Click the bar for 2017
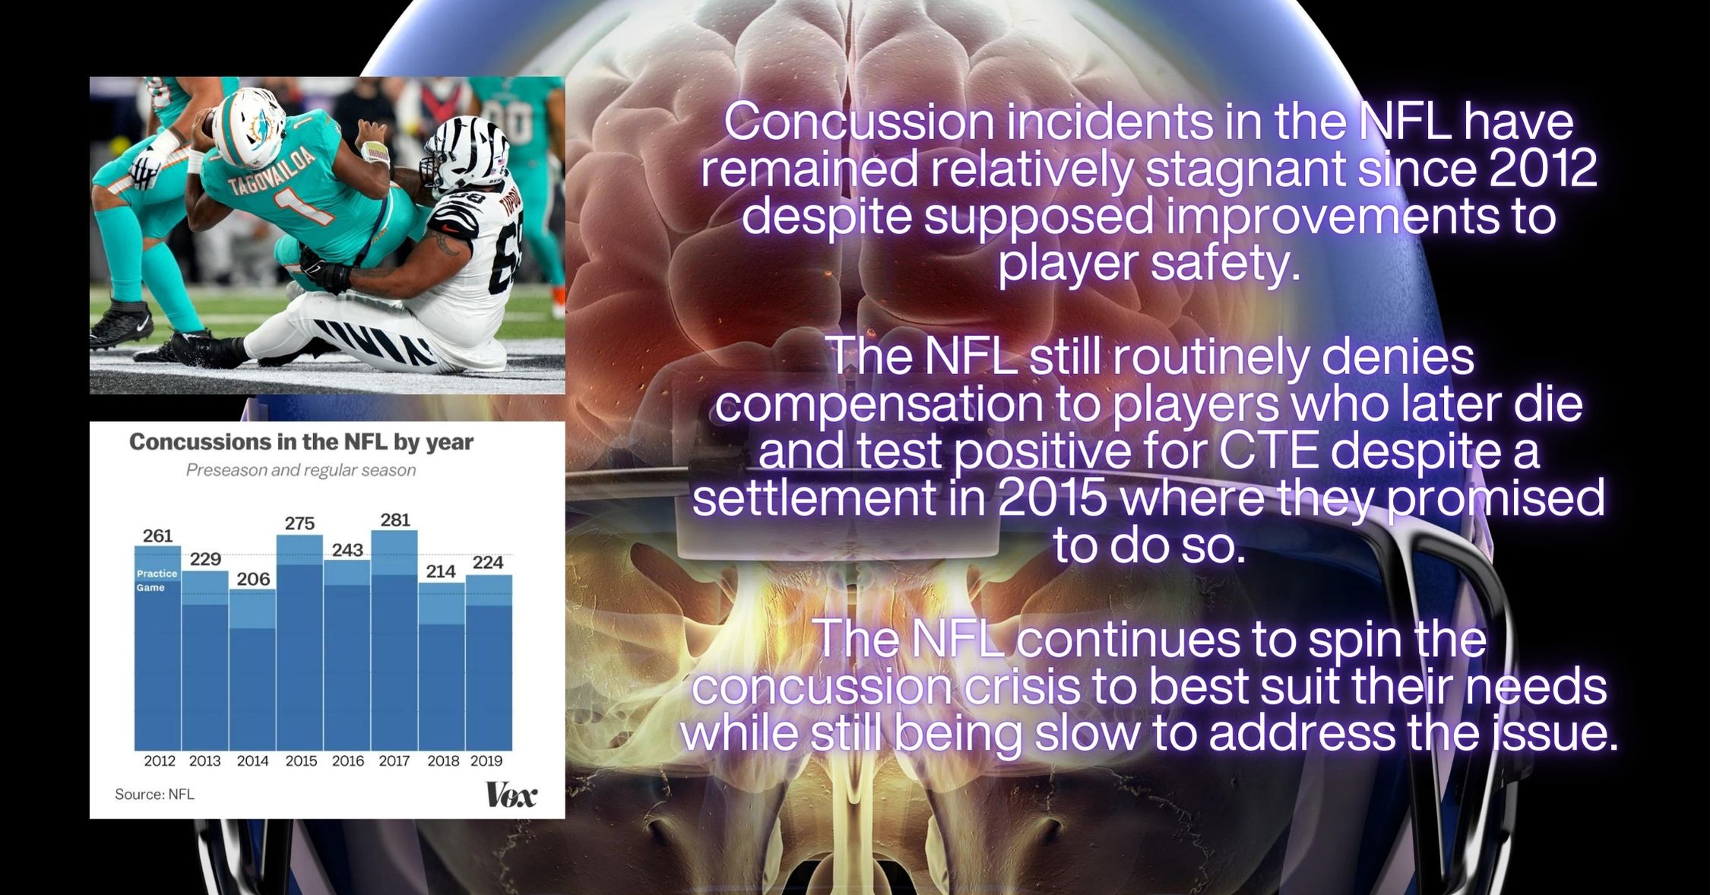(x=394, y=640)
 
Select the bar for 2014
(x=252, y=671)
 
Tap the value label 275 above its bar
(x=299, y=523)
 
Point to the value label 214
(x=441, y=571)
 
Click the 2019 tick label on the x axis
(x=486, y=760)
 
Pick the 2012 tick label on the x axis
(x=160, y=760)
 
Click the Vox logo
(x=511, y=795)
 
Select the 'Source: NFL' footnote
(x=154, y=794)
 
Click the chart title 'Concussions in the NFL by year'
(x=301, y=442)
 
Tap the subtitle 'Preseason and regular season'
(x=301, y=470)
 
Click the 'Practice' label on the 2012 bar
(x=157, y=573)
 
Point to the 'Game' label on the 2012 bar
(x=150, y=588)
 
